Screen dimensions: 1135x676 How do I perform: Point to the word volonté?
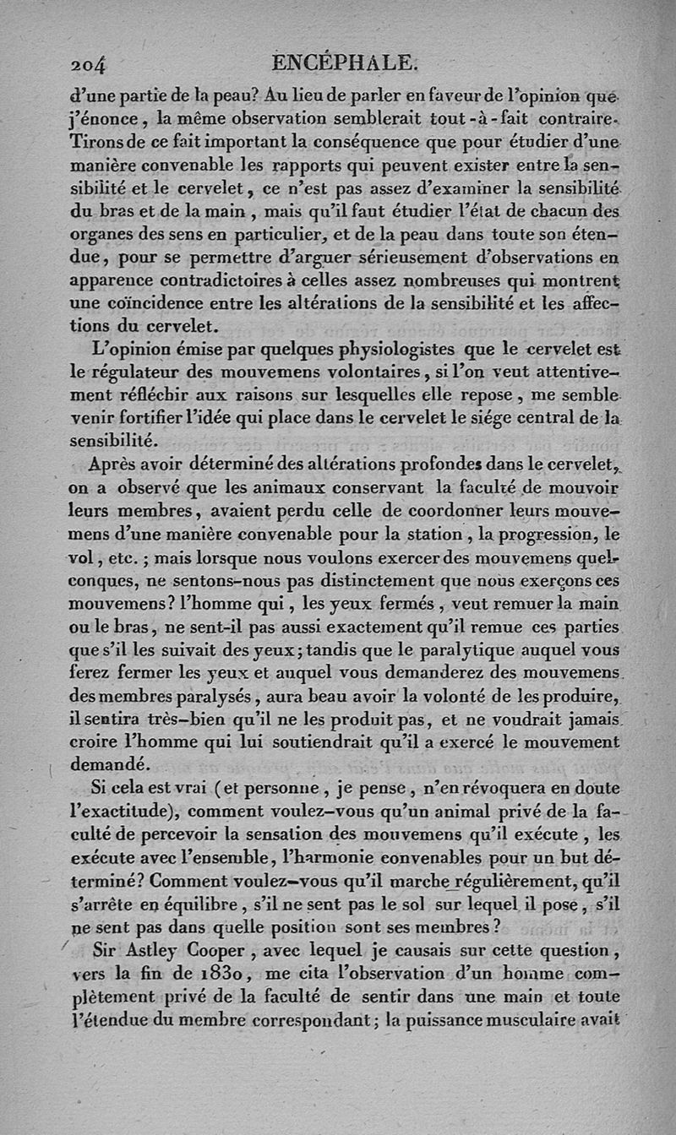click(x=431, y=696)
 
